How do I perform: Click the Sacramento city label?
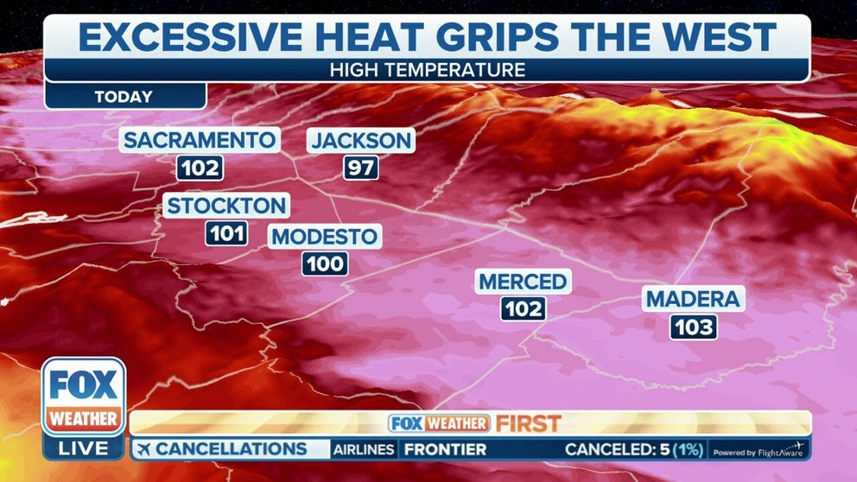click(200, 140)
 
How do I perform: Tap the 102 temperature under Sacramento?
click(200, 168)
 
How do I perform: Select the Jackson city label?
click(361, 140)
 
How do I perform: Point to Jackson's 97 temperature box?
click(361, 168)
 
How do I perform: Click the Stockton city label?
click(225, 206)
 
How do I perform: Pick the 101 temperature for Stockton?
click(226, 232)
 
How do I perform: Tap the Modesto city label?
click(324, 237)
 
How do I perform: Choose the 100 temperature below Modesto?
click(325, 263)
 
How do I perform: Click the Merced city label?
click(523, 281)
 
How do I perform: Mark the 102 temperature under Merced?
click(524, 308)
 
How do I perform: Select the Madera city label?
click(694, 299)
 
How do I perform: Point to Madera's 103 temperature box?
click(694, 327)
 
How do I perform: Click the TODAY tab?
click(124, 97)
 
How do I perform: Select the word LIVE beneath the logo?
click(85, 448)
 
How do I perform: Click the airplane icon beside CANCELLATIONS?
click(143, 449)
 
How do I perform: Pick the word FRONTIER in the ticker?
click(445, 449)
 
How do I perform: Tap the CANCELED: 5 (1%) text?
click(634, 449)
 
